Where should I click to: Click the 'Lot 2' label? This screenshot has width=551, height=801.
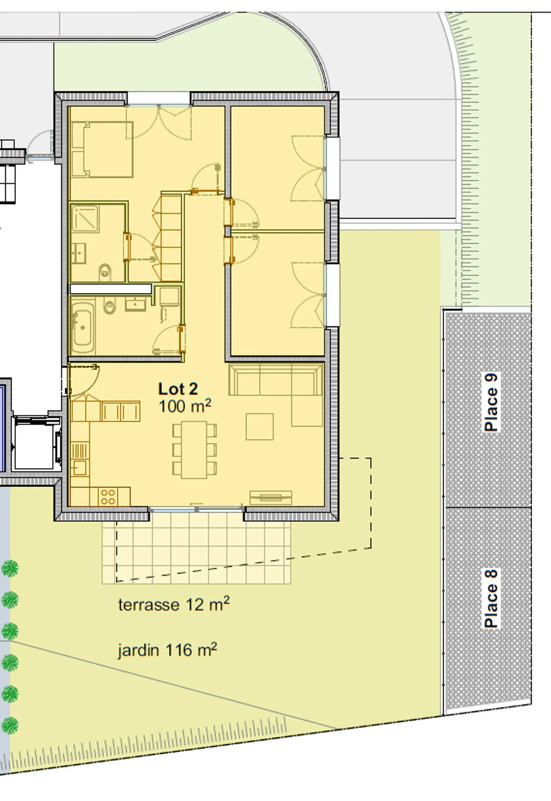[178, 389]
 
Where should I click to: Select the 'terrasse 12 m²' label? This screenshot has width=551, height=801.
[174, 605]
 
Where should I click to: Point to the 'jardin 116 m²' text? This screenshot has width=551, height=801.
[167, 650]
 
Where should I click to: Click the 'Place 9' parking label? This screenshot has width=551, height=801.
[491, 402]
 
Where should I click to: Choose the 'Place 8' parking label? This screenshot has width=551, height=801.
[491, 599]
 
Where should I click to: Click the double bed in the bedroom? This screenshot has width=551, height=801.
[102, 149]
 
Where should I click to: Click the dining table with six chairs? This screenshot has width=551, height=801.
[194, 450]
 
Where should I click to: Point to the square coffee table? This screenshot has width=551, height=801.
[259, 427]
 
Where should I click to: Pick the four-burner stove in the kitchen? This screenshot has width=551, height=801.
[108, 497]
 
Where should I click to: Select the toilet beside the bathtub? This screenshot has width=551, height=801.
[110, 307]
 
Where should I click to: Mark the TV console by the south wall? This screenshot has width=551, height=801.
[271, 497]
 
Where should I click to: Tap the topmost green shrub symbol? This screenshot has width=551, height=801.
[10, 568]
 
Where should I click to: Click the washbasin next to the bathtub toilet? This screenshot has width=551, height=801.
[135, 304]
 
